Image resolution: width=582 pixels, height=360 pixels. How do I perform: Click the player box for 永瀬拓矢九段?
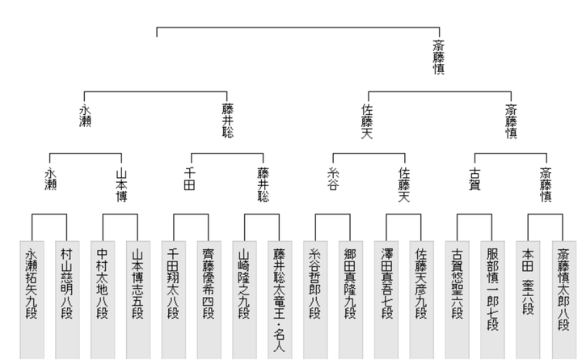(x=32, y=300)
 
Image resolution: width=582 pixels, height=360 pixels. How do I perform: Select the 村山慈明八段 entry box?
(x=67, y=300)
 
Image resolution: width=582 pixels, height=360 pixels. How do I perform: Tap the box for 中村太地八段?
(x=103, y=300)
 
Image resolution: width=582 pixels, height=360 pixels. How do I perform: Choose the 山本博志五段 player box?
(x=138, y=300)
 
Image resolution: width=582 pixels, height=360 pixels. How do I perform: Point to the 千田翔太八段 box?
(x=174, y=300)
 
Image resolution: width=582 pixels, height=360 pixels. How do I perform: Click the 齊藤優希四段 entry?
(x=209, y=300)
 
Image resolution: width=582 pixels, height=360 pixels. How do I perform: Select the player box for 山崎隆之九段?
(x=245, y=300)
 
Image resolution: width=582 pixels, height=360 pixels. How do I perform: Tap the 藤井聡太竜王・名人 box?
(x=280, y=300)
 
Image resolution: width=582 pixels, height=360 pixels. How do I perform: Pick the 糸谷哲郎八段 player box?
(x=315, y=300)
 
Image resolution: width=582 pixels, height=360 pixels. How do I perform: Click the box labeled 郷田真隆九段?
(x=351, y=300)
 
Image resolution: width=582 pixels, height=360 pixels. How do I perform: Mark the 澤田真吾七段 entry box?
(x=386, y=300)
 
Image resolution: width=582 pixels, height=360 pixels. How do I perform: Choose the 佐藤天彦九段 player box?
(x=422, y=300)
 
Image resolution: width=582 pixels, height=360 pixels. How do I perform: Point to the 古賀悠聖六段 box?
(x=458, y=300)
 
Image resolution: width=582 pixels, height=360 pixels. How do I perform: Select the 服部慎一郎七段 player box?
(x=492, y=300)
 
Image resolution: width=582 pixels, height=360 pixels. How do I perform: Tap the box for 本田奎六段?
(x=528, y=300)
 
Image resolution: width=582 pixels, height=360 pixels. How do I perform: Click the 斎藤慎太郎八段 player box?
(x=564, y=300)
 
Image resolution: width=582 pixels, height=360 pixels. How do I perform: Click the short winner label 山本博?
(x=122, y=185)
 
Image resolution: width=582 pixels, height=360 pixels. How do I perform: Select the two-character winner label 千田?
(x=190, y=179)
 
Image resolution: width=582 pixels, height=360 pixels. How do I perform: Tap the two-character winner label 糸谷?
(x=333, y=179)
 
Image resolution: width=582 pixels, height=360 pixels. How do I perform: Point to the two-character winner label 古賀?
(x=475, y=179)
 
